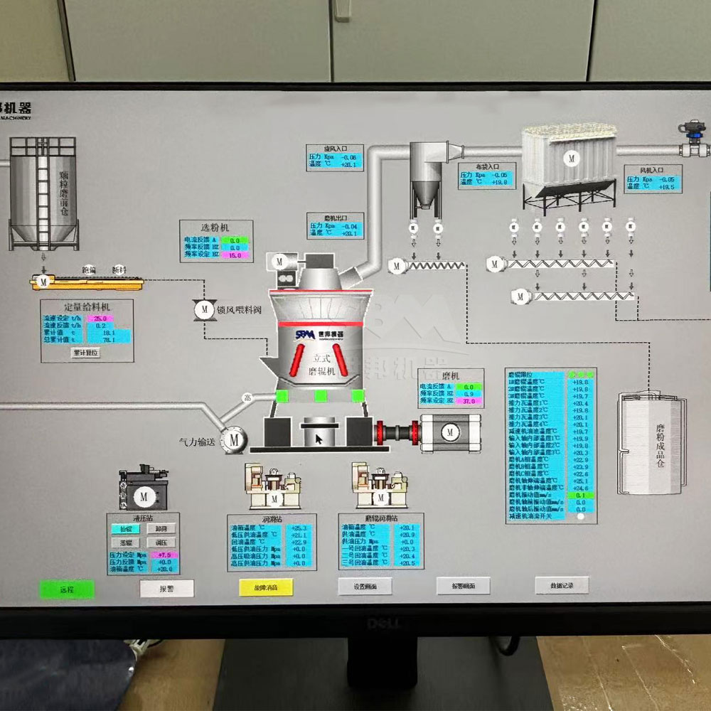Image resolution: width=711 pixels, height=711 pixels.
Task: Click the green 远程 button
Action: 67,589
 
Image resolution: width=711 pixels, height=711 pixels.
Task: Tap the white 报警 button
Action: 166,588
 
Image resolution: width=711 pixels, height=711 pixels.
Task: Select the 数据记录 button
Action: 561,585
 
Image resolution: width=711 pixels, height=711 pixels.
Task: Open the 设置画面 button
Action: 364,586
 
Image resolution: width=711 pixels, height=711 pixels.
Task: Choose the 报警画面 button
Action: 463,586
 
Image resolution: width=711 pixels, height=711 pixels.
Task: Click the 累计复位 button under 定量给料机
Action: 86,352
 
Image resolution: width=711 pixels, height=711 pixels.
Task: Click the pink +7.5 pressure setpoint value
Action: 164,555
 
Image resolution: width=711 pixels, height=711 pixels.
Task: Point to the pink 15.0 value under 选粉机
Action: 234,255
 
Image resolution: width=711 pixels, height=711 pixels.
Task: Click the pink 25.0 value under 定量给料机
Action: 100,319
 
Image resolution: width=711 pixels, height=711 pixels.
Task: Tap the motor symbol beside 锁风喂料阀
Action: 204,309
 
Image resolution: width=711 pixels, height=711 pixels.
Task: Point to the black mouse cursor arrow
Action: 319,439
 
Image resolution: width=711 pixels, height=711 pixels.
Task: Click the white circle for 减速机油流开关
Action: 581,518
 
